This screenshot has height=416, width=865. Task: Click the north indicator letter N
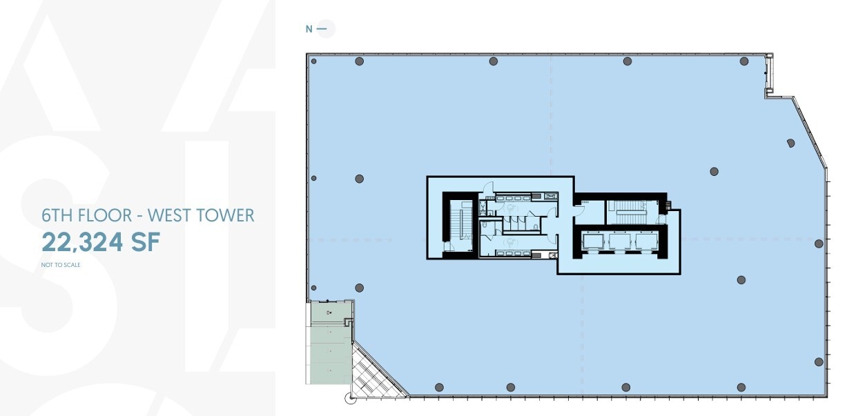click(309, 29)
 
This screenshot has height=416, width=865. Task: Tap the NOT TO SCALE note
click(61, 265)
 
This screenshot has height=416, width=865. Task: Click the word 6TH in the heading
click(58, 215)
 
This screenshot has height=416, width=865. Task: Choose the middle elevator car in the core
click(619, 241)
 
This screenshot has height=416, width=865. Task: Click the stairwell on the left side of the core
click(457, 225)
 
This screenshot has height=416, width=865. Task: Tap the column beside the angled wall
click(790, 143)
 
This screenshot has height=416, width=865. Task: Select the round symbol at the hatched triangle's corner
click(349, 397)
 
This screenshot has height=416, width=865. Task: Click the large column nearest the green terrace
click(359, 287)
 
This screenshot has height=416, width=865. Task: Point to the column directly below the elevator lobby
click(625, 387)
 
